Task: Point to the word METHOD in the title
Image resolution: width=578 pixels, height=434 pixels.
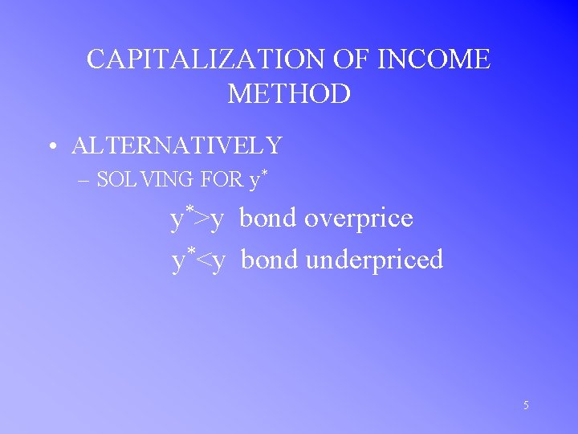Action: [x=289, y=94]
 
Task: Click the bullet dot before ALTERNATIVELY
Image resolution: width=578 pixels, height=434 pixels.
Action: [x=51, y=146]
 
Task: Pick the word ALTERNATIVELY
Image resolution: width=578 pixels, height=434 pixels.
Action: [x=177, y=145]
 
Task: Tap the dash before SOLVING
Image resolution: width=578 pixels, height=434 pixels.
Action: [x=85, y=180]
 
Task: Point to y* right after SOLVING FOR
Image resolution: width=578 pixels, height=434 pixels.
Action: [x=256, y=178]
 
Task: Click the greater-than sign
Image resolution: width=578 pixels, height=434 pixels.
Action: [x=201, y=219]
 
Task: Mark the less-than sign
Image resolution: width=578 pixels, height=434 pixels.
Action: [x=202, y=260]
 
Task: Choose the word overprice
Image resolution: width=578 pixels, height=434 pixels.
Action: [x=358, y=219]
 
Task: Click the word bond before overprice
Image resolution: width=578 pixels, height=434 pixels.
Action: [x=267, y=218]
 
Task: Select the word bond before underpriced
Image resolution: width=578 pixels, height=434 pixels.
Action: [x=269, y=260]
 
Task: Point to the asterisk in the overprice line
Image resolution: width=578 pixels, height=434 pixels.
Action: [x=189, y=210]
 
